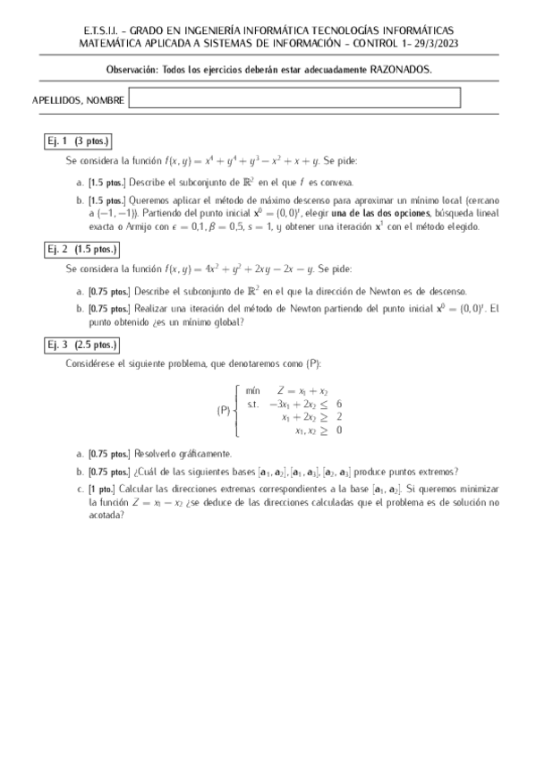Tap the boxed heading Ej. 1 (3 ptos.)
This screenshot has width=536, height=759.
pyautogui.click(x=78, y=142)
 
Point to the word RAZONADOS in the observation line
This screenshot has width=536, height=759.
pyautogui.click(x=399, y=69)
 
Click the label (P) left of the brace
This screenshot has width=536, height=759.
pyautogui.click(x=224, y=411)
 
